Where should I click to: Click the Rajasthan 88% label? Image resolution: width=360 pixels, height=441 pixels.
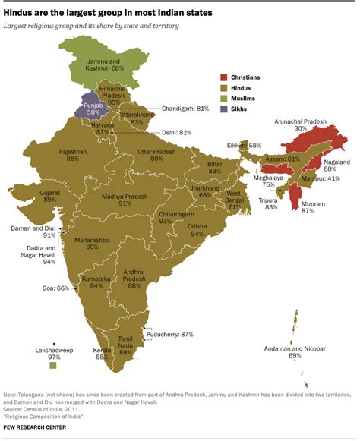(74, 156)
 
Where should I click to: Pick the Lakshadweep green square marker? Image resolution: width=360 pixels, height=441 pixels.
(53, 367)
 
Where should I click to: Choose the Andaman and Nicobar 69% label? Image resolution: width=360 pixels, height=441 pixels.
(295, 351)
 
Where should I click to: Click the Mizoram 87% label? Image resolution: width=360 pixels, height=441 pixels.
(308, 206)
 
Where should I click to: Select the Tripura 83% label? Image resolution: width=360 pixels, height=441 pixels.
(266, 203)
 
